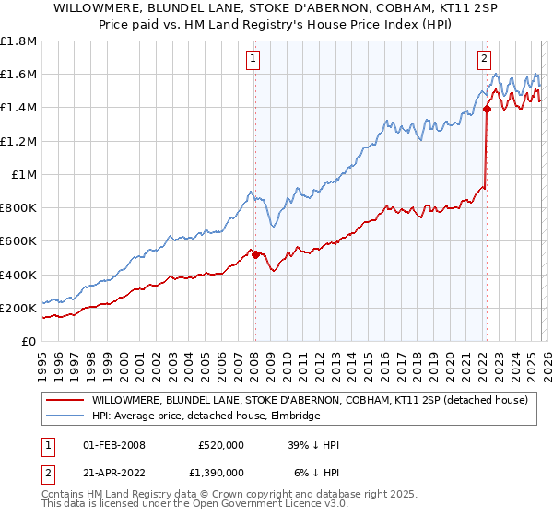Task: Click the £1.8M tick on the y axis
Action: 18,41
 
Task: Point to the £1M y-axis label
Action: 24,174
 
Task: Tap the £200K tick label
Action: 18,308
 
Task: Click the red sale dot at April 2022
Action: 486,110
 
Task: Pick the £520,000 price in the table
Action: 220,445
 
